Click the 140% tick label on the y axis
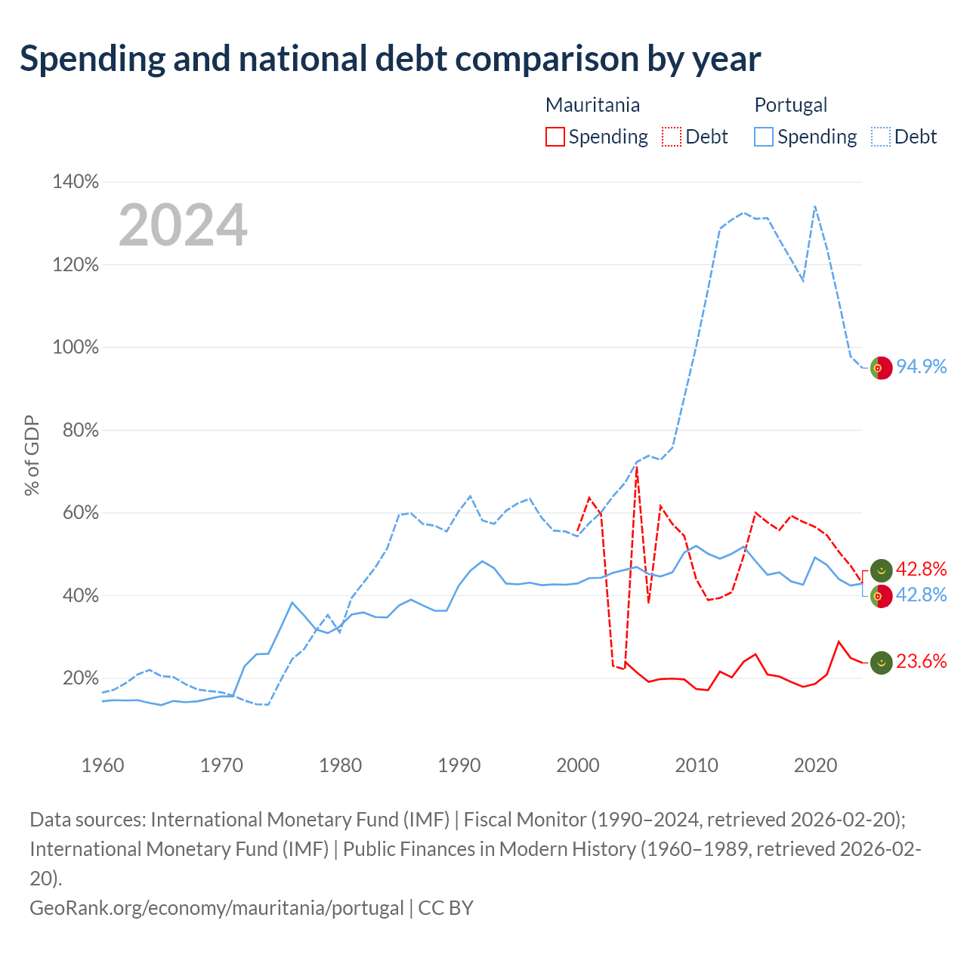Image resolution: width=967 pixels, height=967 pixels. (76, 181)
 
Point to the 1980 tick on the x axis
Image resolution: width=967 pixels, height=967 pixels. (340, 765)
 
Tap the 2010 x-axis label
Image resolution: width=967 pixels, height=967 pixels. (697, 765)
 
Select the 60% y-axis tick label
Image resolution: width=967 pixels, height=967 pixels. (80, 512)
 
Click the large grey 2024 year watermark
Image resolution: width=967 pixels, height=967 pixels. (183, 224)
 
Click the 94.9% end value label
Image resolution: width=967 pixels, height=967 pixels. (922, 367)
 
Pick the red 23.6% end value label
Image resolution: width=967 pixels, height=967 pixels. (922, 661)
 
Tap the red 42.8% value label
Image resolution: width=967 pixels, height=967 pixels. (922, 569)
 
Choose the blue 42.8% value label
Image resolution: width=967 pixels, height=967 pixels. (922, 595)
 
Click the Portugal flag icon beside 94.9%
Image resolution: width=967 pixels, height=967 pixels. (881, 369)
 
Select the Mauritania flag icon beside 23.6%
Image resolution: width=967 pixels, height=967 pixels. (881, 663)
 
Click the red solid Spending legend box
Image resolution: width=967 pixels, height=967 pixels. (555, 137)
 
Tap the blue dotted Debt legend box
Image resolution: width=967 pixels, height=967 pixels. (881, 137)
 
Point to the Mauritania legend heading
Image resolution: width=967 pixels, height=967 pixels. (592, 105)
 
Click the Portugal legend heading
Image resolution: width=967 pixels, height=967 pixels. (790, 105)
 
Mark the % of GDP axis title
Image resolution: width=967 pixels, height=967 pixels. (32, 455)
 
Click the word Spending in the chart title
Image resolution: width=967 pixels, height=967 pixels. (93, 59)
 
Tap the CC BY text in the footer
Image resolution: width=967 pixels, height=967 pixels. (446, 908)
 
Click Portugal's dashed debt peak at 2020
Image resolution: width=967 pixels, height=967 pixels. (815, 206)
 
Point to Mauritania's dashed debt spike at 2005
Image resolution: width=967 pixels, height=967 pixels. (636, 467)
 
